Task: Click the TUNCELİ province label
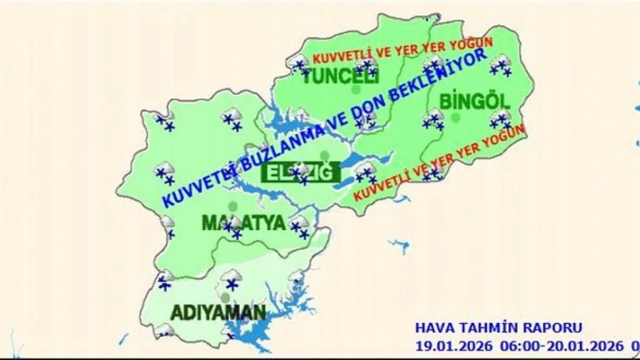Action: click(x=341, y=76)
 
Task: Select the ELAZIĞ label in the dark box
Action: click(x=301, y=172)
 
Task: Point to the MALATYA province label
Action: click(x=243, y=223)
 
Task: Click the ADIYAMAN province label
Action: click(x=218, y=313)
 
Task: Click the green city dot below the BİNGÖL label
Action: click(x=456, y=118)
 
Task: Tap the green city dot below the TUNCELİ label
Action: click(x=355, y=90)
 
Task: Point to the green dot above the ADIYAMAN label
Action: click(x=225, y=297)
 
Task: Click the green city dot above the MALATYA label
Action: click(x=232, y=206)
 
